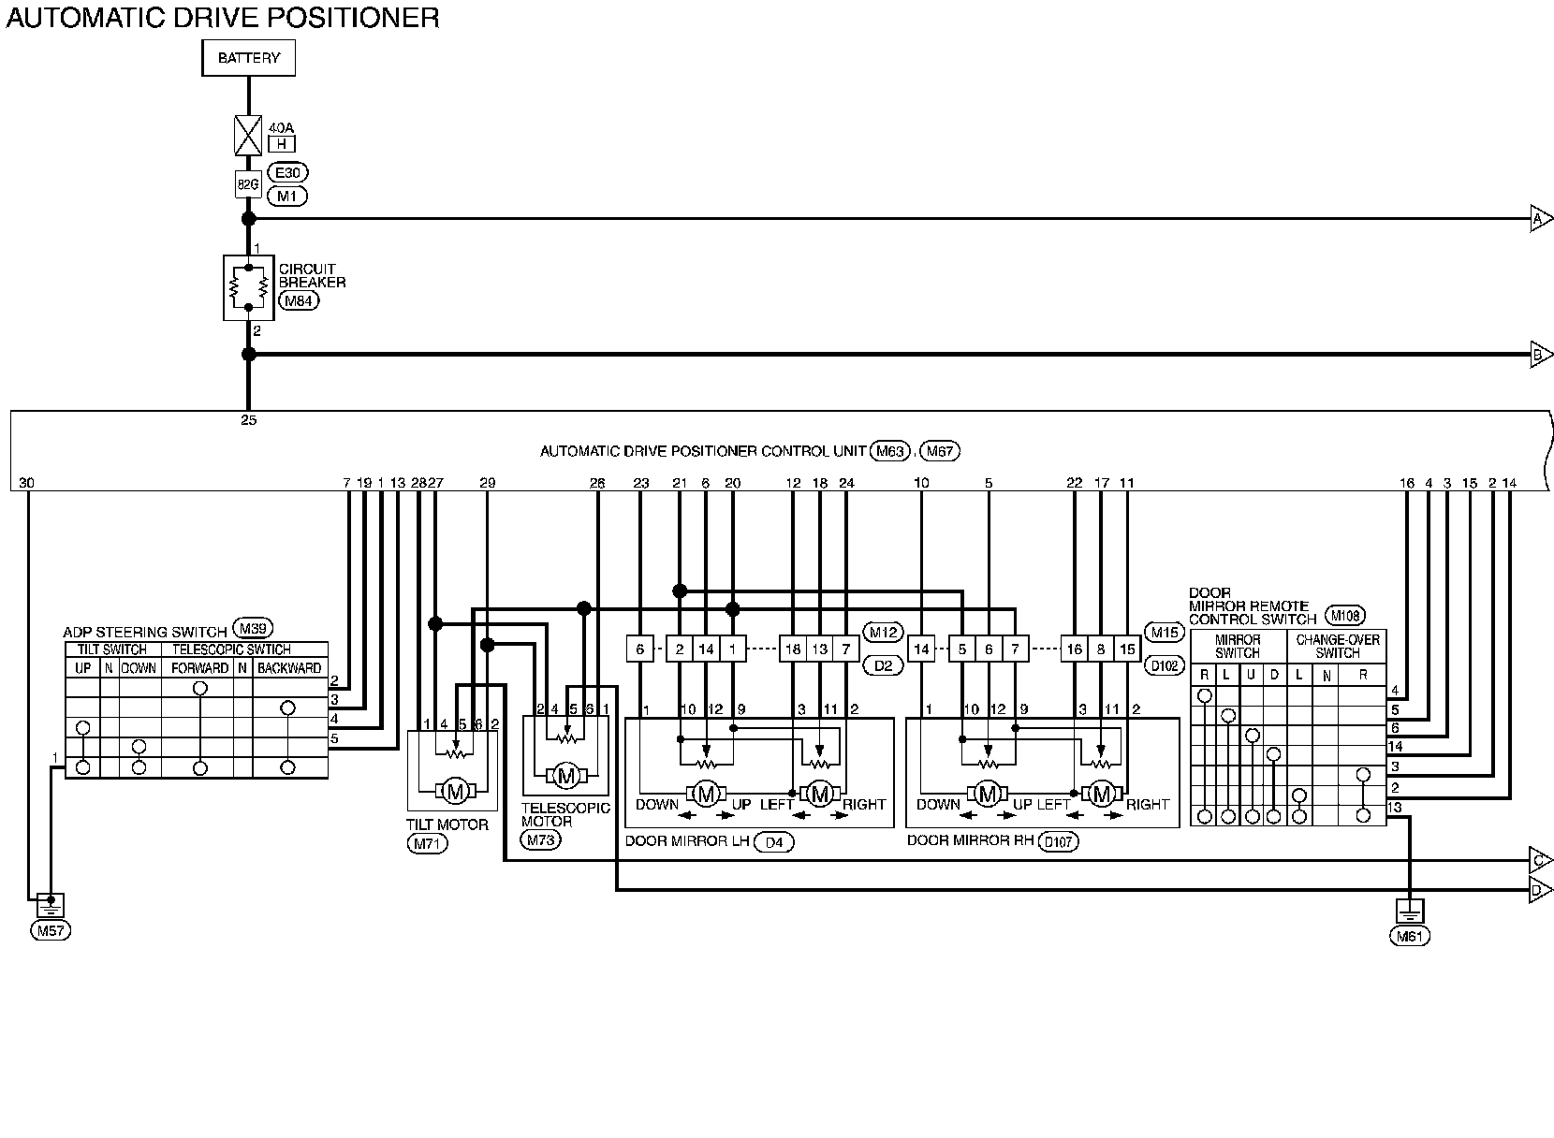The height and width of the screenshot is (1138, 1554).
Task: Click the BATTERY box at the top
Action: [x=248, y=58]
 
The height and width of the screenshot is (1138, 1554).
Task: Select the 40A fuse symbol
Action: [x=248, y=136]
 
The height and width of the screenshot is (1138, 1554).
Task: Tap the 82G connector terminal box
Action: [x=248, y=184]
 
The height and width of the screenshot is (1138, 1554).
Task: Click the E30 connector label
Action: [x=286, y=172]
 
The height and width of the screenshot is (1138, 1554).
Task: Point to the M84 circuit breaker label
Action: [x=299, y=300]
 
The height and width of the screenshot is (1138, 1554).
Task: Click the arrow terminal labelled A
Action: [x=1540, y=219]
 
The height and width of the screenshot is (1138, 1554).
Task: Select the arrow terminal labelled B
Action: [x=1540, y=355]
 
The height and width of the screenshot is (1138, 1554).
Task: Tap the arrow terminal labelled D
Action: [x=1540, y=890]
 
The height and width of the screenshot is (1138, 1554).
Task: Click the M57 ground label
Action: [x=51, y=930]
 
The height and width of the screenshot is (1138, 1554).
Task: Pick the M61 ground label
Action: [x=1410, y=936]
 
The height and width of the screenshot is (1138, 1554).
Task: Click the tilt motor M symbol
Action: [x=456, y=792]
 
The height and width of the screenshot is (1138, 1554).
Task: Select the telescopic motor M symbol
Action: [x=565, y=775]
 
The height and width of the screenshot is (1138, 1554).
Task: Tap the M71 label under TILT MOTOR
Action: [x=428, y=843]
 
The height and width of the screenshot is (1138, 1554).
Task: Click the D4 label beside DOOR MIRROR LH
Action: [x=773, y=842]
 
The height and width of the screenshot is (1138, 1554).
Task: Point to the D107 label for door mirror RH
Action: [x=1059, y=841]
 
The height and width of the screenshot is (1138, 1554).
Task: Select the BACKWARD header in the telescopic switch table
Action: [x=289, y=668]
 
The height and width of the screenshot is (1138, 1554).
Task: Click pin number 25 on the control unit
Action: [x=248, y=420]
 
